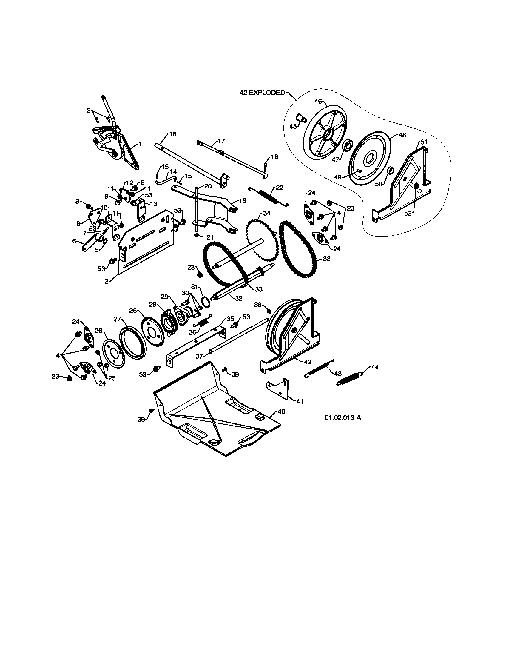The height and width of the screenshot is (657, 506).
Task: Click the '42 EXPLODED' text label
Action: point(262,93)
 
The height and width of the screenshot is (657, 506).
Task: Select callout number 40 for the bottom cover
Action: point(282,412)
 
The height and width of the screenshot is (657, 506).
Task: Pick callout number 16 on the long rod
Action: point(173,134)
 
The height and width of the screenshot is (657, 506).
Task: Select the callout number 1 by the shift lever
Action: point(140,144)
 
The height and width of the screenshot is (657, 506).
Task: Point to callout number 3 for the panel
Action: point(107,281)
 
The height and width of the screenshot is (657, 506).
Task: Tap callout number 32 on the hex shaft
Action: point(239,298)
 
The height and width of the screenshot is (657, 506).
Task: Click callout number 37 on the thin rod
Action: point(199,356)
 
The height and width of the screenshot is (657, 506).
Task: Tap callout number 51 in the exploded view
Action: point(424,142)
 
